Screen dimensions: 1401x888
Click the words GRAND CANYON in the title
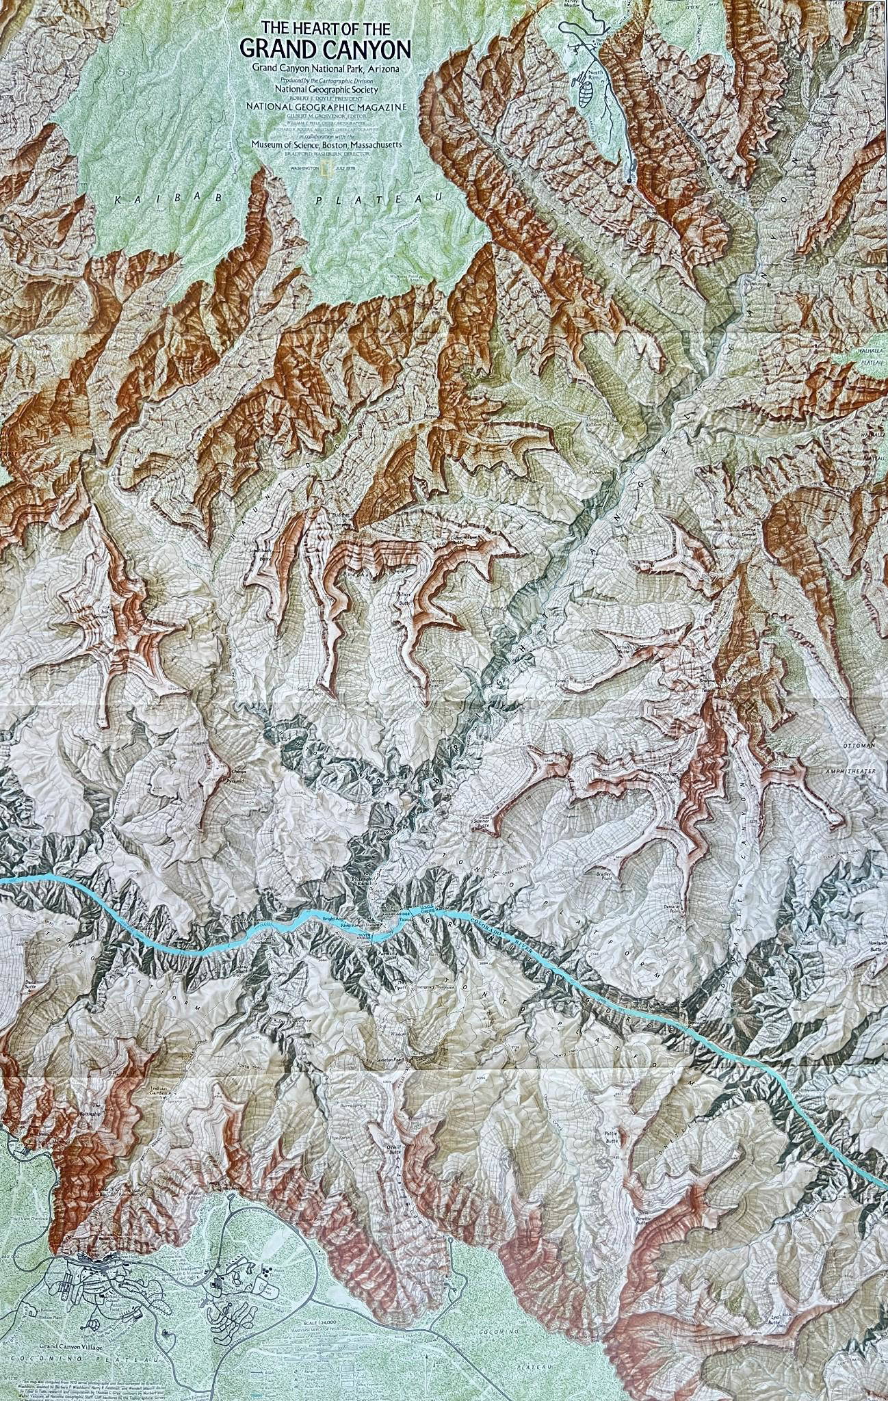coord(326,50)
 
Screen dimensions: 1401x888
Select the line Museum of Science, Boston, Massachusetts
coord(326,144)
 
